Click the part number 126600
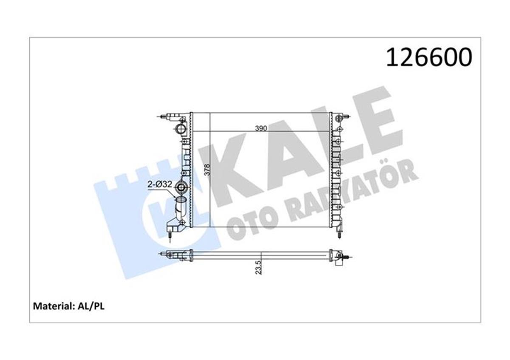pos(429,57)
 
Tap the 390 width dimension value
pos(261,129)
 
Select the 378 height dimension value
pos(207,170)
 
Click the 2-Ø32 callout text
pos(160,184)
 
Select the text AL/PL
pos(91,306)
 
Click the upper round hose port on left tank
pos(181,130)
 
